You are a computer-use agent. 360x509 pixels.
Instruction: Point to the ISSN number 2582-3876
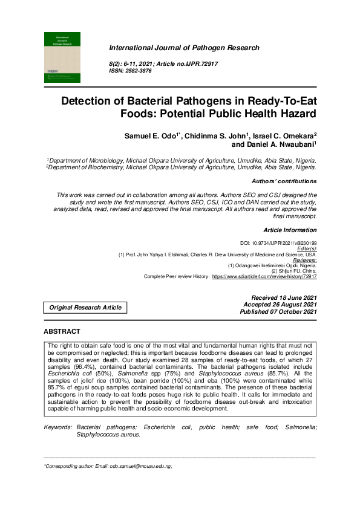pos(138,71)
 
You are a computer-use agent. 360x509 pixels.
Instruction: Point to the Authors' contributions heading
pos(283,181)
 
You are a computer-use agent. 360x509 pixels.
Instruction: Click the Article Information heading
pos(290,230)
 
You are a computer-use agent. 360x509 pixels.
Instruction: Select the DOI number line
pos(278,242)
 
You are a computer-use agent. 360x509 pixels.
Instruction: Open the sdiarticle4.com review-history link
pos(264,276)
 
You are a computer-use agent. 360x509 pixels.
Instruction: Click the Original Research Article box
pos(85,308)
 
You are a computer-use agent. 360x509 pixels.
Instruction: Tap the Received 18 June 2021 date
pos(284,297)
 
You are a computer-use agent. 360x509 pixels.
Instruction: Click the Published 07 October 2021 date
pos(278,311)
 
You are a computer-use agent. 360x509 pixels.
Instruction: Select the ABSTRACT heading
pos(62,332)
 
